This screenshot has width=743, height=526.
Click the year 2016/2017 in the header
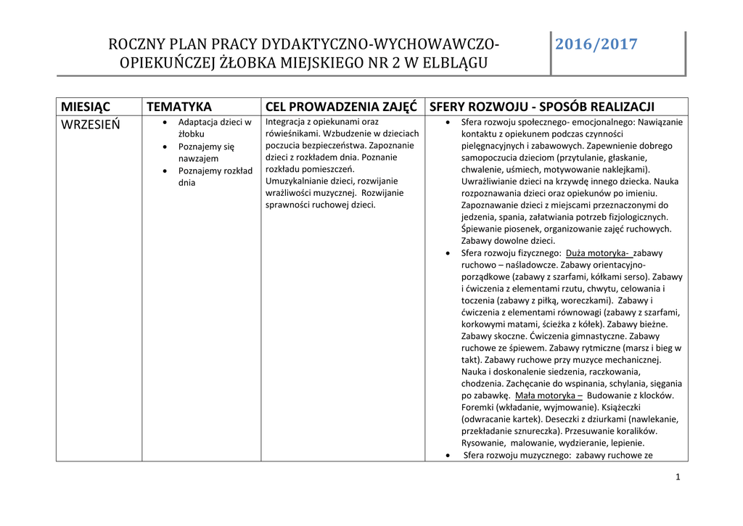point(596,45)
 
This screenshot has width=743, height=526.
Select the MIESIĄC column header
point(86,107)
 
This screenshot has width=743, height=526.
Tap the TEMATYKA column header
point(178,107)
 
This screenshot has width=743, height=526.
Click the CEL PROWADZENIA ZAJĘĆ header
point(341,107)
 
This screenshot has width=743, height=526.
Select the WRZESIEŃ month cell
point(91,124)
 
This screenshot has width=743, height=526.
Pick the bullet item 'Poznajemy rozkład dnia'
point(215,176)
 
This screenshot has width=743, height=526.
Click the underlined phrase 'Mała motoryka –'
point(549,395)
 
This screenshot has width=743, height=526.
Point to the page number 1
point(677,477)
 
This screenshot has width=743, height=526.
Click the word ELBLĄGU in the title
point(454,63)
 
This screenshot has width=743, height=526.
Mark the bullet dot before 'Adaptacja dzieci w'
point(166,123)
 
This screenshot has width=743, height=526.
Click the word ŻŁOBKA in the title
point(224,63)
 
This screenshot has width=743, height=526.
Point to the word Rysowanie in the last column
point(484,443)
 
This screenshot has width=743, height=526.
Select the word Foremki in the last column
point(480,407)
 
